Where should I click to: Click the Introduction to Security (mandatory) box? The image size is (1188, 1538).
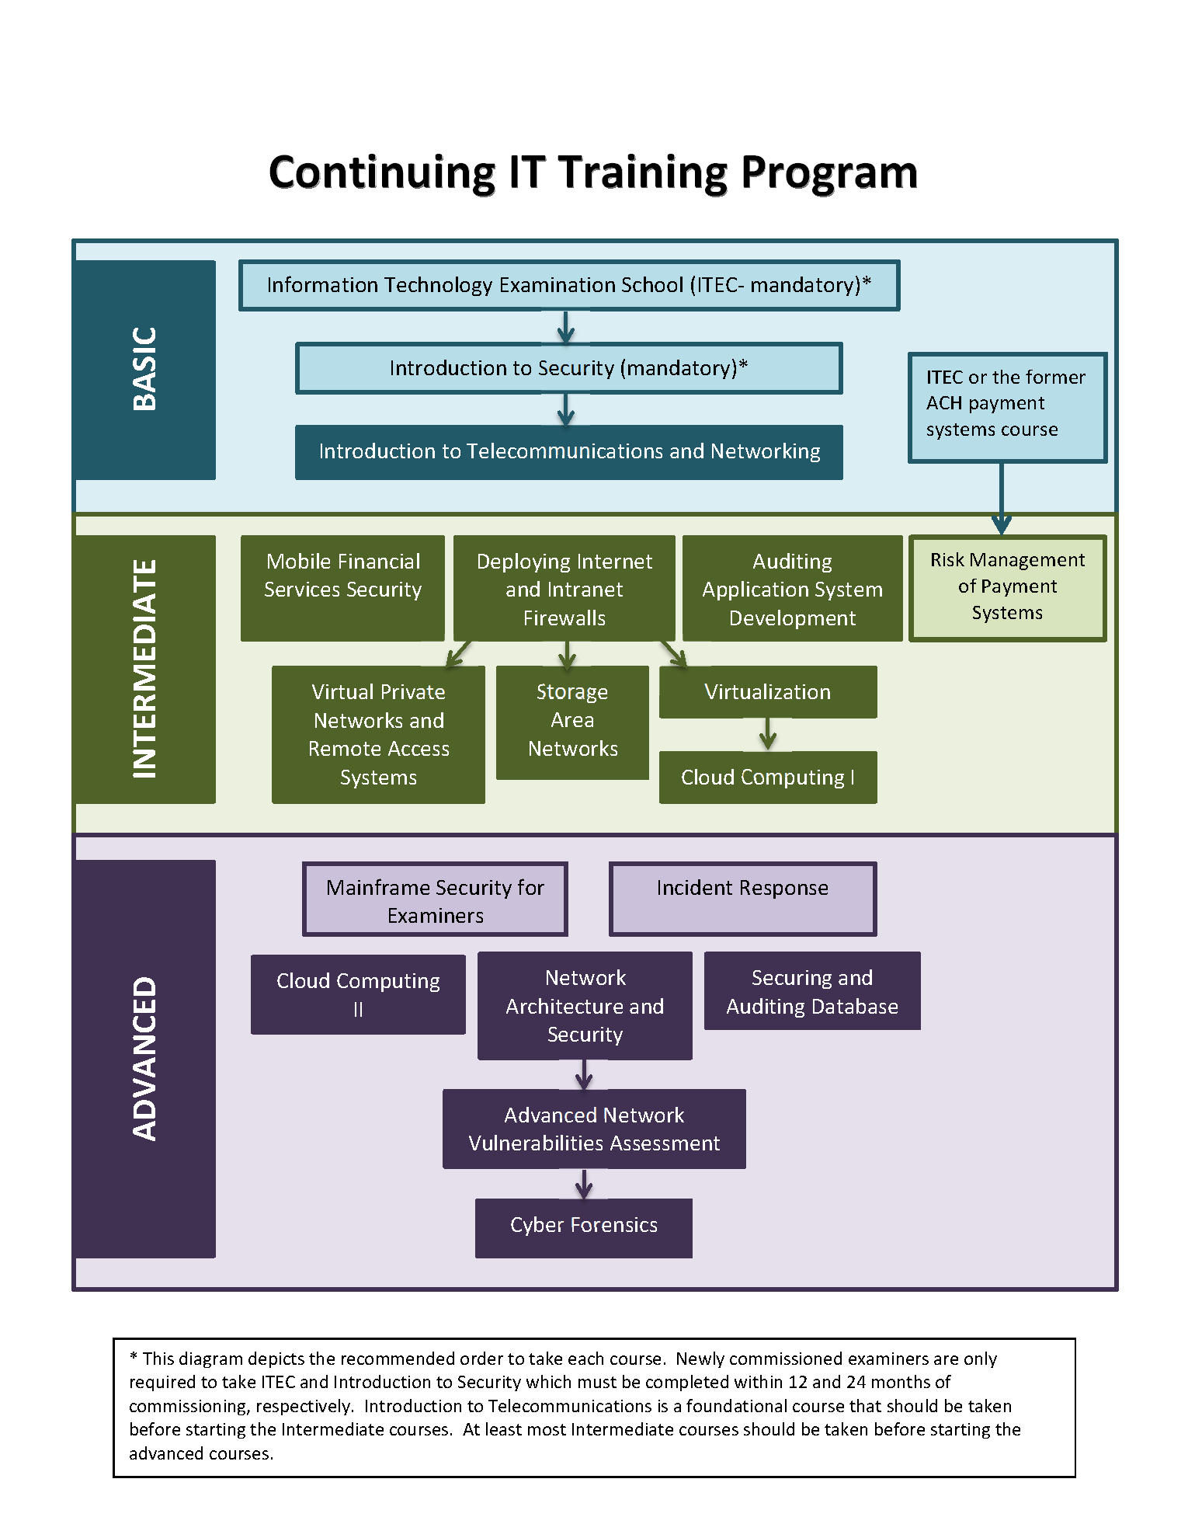coord(568,368)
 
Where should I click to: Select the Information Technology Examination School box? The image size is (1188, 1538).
coord(568,285)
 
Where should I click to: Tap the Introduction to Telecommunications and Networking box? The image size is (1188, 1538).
coord(568,451)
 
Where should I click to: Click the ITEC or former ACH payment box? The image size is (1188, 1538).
coord(1007,407)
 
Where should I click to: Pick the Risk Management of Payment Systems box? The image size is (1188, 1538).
coord(1007,587)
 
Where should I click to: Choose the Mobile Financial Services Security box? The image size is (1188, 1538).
coord(342,587)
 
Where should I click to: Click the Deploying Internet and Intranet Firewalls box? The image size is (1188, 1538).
coord(564,588)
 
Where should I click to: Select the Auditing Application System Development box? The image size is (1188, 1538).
coord(792,588)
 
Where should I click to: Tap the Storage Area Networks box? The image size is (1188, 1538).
coord(572,722)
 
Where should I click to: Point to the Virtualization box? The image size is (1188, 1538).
coord(767,691)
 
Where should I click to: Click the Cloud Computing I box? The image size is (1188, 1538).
coord(767,777)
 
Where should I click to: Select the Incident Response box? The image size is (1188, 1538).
coord(742,899)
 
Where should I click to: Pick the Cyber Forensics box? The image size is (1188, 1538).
coord(583,1227)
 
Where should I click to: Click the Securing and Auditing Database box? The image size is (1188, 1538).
coord(811,991)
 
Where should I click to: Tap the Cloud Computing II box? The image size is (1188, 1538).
coord(358,994)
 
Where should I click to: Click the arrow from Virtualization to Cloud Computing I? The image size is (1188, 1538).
coord(767,734)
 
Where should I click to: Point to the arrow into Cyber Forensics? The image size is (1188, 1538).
coord(584,1184)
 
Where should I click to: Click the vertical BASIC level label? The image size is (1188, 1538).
coord(144,369)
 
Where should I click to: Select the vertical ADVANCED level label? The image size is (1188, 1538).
coord(144,1058)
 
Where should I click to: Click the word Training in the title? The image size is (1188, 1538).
coord(643,173)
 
